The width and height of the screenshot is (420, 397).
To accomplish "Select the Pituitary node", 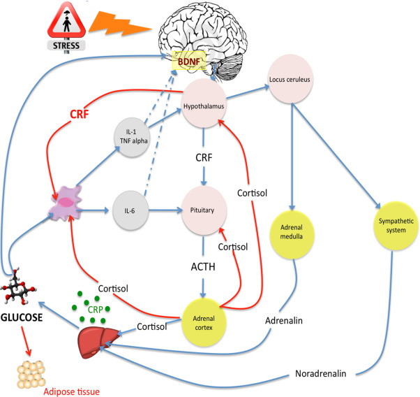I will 203,209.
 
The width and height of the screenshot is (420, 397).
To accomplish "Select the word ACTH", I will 204,265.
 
